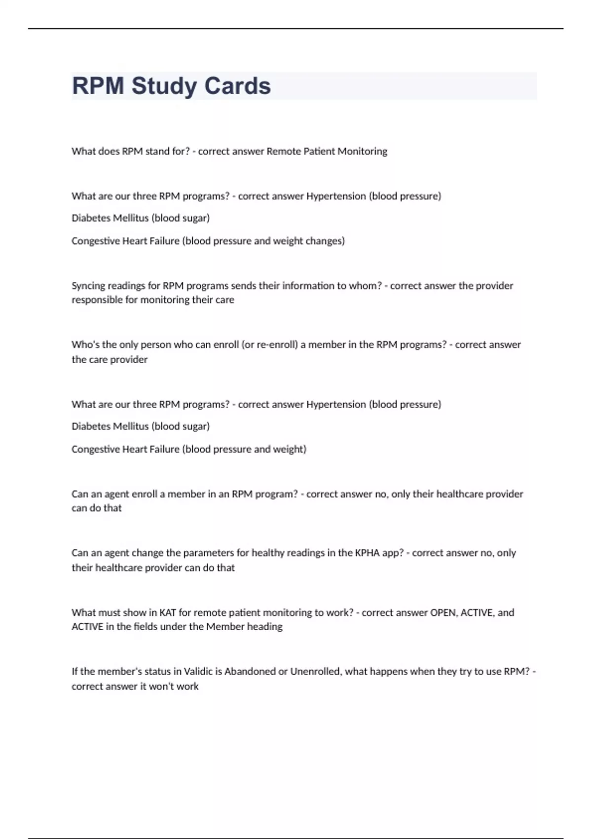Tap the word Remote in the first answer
click(283, 152)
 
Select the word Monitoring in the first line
click(362, 152)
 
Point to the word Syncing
click(88, 286)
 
